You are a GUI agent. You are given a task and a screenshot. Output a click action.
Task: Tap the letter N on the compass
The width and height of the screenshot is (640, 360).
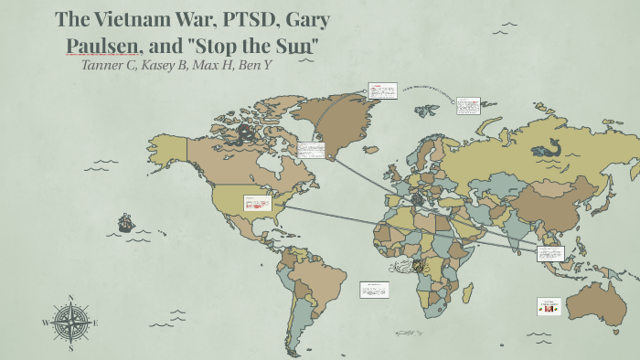pos(71,298)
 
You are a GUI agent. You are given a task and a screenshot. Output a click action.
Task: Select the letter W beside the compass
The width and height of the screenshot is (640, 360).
pos(46,323)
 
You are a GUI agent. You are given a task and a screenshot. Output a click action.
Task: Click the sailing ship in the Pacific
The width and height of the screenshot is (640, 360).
pos(125,223)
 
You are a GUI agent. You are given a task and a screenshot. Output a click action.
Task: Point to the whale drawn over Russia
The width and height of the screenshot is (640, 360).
pos(551,149)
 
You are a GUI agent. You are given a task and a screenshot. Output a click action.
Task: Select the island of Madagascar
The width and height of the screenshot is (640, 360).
pos(467,292)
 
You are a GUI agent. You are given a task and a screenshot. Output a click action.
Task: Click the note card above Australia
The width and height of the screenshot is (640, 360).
pos(549,306)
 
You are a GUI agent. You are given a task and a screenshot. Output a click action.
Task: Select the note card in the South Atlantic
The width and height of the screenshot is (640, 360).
pos(374,289)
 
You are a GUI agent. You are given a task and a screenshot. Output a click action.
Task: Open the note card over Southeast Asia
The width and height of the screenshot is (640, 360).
pos(549,254)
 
